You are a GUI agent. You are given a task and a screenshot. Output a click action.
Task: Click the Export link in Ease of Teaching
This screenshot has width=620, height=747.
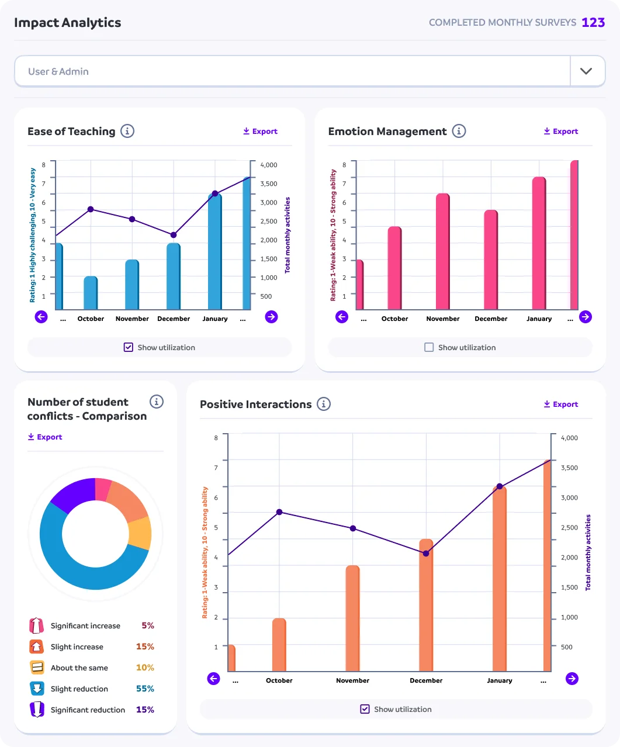[x=260, y=132]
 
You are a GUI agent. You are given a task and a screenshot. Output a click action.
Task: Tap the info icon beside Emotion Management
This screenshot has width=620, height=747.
[x=459, y=131]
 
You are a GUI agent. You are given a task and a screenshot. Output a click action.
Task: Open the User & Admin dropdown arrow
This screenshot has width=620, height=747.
[x=586, y=71]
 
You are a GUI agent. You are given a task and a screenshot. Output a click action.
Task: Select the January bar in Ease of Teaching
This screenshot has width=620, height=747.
[x=215, y=251]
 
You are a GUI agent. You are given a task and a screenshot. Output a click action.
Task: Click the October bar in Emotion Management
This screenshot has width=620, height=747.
[x=394, y=268]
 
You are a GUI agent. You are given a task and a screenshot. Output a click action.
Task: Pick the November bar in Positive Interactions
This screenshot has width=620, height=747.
[x=352, y=618]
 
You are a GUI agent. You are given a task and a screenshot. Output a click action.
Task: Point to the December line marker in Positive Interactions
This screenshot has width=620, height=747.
[x=426, y=553]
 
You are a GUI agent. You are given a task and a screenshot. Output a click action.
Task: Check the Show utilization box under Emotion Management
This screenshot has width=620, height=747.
[x=429, y=347]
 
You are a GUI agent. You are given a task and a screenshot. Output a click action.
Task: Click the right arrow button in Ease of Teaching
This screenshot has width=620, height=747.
[x=271, y=317]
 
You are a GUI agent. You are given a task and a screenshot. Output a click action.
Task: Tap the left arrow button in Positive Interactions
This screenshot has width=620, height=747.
[x=214, y=679]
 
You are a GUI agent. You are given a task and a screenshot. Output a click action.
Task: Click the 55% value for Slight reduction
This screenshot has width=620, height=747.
[x=145, y=689]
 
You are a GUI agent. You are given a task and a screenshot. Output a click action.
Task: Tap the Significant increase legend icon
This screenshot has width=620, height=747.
[x=36, y=625]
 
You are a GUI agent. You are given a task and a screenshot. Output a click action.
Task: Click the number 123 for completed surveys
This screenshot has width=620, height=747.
[x=593, y=23]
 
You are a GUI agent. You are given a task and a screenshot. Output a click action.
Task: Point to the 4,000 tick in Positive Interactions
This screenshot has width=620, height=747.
[x=569, y=438]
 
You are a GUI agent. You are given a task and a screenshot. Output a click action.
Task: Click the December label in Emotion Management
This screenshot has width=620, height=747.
[x=491, y=319]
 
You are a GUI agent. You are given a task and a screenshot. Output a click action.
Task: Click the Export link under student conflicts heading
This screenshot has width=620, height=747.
[x=45, y=437]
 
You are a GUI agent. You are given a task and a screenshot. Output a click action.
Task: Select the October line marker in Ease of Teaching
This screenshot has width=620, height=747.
[x=91, y=209]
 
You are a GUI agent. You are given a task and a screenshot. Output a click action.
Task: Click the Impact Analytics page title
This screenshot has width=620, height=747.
[x=68, y=23]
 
